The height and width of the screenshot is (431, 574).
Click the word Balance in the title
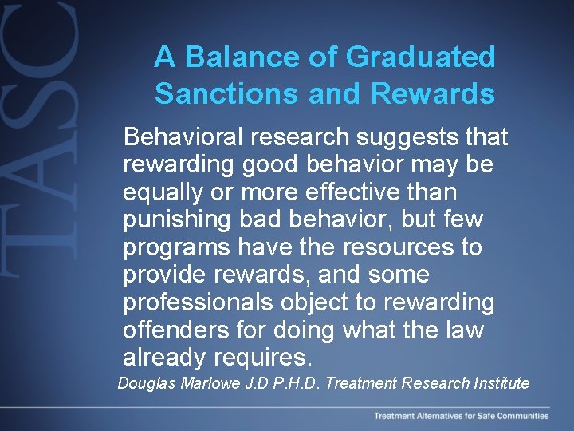point(234,57)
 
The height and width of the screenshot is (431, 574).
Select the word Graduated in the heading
point(421,57)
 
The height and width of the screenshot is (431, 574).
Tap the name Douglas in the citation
point(146,383)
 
